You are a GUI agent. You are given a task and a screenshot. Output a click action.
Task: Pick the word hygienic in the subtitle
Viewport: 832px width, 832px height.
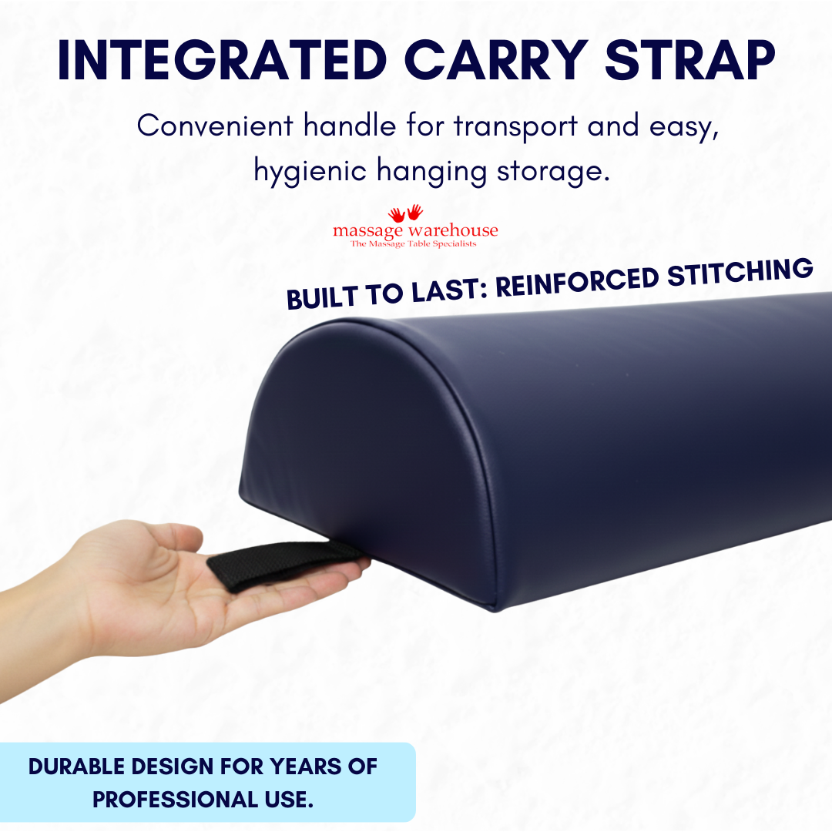click(310, 171)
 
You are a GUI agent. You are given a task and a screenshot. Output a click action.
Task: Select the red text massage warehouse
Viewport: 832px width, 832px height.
click(415, 230)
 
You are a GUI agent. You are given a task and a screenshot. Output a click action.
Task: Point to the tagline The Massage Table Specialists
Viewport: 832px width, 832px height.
click(414, 244)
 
